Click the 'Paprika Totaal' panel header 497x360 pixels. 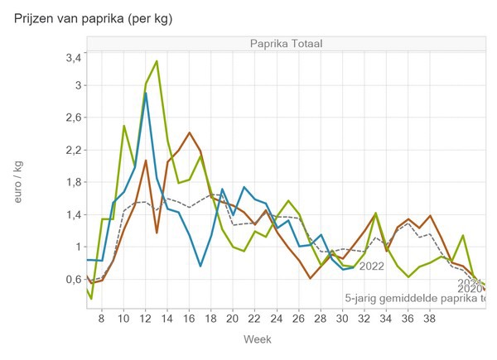[287, 44]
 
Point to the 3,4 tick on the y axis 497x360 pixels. [72, 57]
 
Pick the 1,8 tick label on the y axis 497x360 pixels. [72, 182]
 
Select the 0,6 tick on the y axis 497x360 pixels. [72, 279]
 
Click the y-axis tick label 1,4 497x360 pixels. [72, 214]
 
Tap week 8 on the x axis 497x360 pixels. [101, 317]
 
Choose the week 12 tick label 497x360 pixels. [146, 317]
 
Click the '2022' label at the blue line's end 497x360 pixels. [372, 266]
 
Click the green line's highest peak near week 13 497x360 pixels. [157, 61]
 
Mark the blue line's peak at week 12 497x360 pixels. [146, 93]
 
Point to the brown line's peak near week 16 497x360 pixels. [190, 132]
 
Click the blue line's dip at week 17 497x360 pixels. [200, 266]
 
